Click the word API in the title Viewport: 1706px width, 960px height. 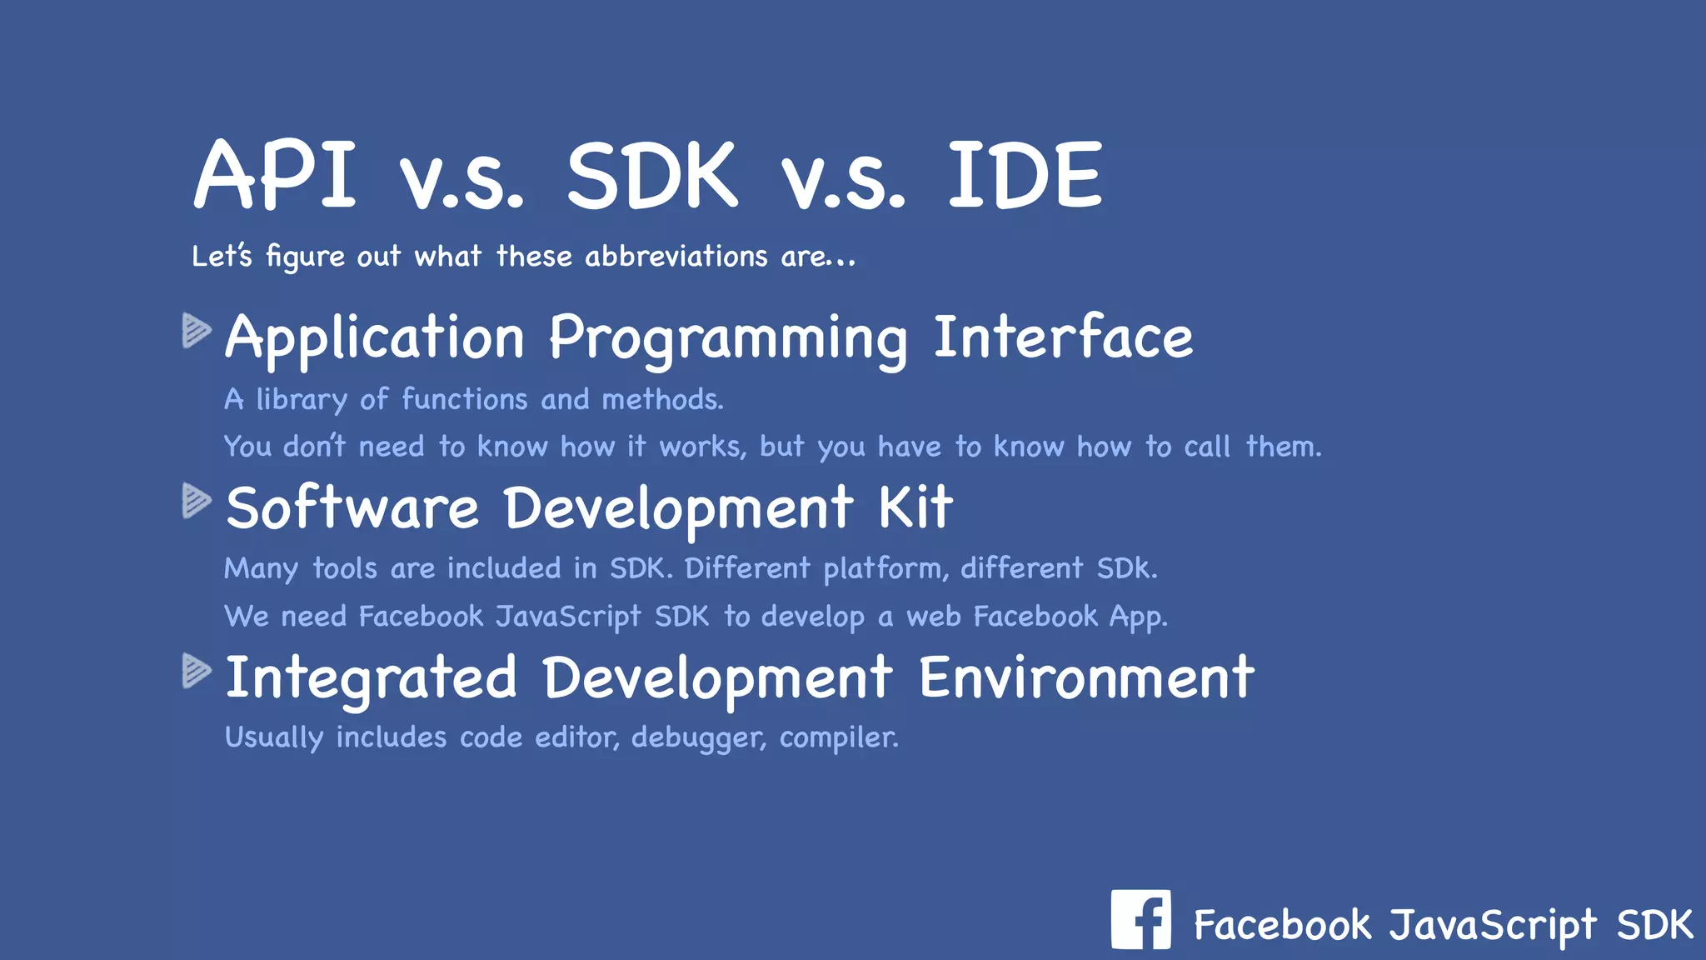[x=275, y=175]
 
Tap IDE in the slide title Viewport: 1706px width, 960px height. [x=1025, y=175]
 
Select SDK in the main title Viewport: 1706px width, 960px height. [x=651, y=175]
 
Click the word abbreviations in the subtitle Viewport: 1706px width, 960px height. [x=676, y=256]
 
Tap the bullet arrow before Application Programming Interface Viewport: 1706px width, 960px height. [x=197, y=331]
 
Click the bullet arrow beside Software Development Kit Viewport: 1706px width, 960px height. [x=197, y=501]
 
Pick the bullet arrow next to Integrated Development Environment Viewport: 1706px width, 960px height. [x=197, y=671]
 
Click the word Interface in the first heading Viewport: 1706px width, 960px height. [x=1063, y=337]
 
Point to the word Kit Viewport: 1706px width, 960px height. [x=915, y=507]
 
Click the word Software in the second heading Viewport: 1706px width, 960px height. [x=352, y=507]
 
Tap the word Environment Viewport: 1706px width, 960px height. [x=1085, y=677]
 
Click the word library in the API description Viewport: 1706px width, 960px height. [x=301, y=400]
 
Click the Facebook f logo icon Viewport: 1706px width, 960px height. [x=1140, y=919]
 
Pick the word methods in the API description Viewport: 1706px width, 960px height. [x=662, y=400]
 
